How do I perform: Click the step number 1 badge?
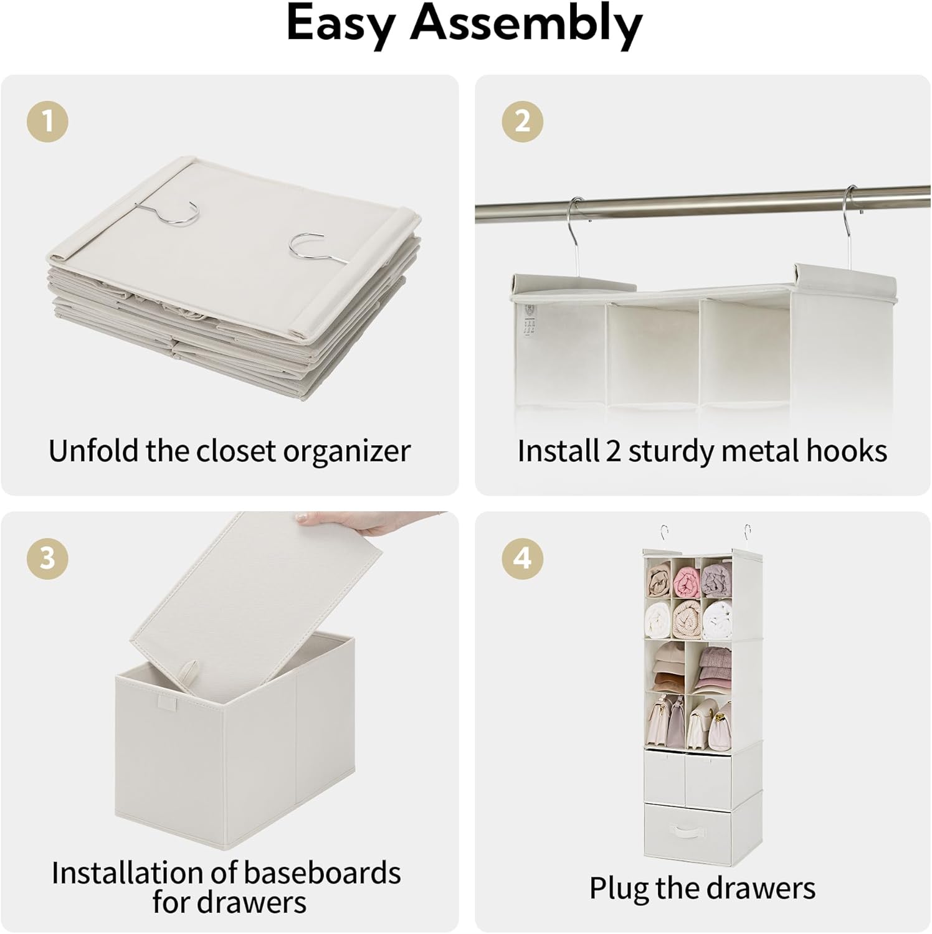47,121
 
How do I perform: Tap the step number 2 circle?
522,121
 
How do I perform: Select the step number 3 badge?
47,558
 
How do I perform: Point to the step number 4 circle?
522,558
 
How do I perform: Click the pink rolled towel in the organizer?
687,581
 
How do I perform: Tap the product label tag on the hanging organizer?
529,321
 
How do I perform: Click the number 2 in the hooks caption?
613,451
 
